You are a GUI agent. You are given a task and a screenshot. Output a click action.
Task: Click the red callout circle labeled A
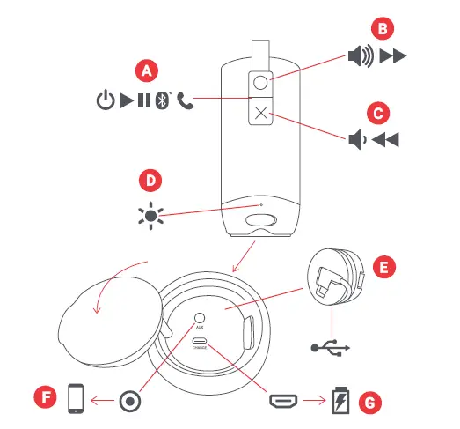click(x=145, y=70)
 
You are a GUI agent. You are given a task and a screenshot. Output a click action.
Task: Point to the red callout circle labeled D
click(x=151, y=181)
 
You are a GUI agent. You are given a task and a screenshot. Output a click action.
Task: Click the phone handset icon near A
click(x=185, y=100)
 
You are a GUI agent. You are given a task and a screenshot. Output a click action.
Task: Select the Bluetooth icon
click(x=162, y=100)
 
